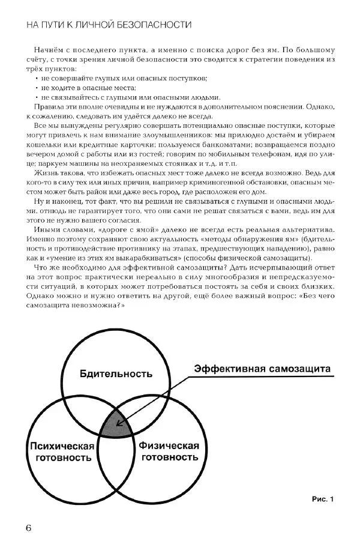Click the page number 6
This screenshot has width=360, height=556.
click(28, 527)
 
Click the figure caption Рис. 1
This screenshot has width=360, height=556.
click(322, 498)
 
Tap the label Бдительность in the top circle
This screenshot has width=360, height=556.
click(116, 373)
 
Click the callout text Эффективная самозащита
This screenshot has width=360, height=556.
click(262, 369)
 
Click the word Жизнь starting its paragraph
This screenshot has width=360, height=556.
click(45, 172)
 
